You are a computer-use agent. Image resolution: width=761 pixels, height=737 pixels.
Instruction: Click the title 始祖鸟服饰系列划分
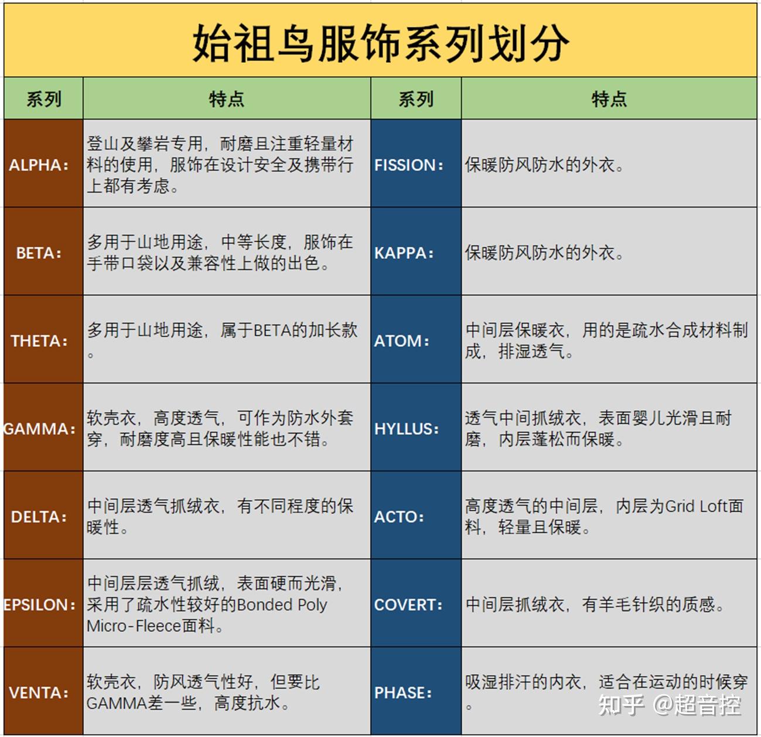click(380, 42)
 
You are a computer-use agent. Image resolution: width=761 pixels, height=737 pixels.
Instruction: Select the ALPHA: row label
click(39, 165)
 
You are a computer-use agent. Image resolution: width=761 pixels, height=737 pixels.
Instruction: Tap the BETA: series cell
click(39, 253)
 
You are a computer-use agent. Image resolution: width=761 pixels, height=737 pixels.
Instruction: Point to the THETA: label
click(39, 341)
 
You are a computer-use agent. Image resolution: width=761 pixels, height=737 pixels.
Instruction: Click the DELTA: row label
click(39, 517)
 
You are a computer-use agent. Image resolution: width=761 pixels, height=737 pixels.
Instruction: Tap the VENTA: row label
click(39, 692)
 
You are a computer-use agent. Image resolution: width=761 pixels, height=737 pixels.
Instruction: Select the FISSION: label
click(409, 165)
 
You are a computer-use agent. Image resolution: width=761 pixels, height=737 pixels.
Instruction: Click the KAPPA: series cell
click(404, 253)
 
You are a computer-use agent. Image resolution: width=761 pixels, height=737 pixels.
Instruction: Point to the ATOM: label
click(402, 341)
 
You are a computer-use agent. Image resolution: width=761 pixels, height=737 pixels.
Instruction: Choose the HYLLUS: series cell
click(407, 429)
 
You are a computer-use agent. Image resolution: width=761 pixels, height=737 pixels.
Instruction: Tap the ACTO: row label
click(399, 517)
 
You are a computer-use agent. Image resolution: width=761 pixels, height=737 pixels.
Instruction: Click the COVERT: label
click(408, 605)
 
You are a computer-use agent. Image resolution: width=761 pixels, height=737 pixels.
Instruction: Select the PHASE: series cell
click(403, 692)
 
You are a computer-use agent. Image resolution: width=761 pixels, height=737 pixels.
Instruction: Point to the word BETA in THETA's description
click(272, 330)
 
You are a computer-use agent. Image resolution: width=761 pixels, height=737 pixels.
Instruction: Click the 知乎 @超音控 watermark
click(669, 705)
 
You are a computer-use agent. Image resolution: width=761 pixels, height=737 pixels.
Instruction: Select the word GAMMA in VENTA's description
click(116, 703)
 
